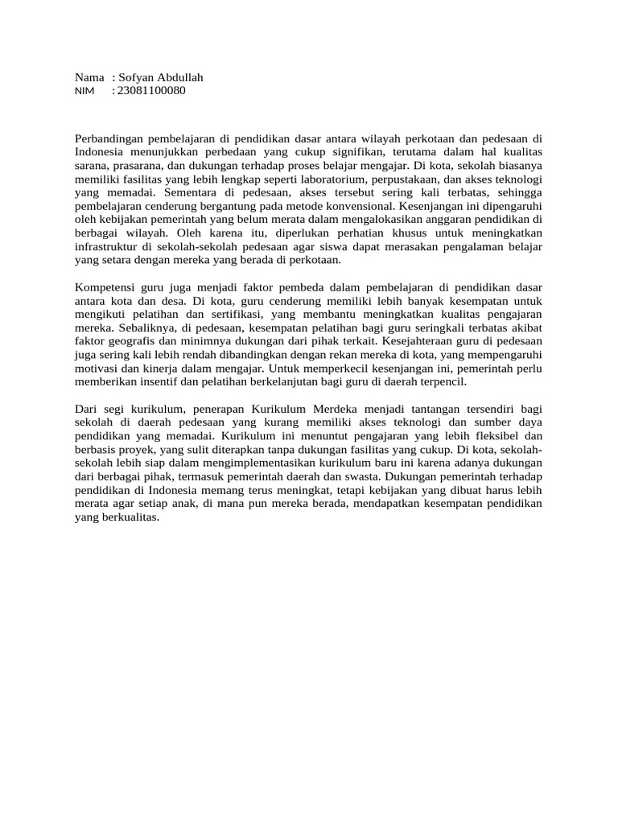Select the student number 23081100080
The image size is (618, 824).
tap(152, 90)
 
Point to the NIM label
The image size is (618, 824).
tap(84, 91)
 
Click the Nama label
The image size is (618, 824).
tap(89, 77)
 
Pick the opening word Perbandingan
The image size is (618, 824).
tap(109, 138)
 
